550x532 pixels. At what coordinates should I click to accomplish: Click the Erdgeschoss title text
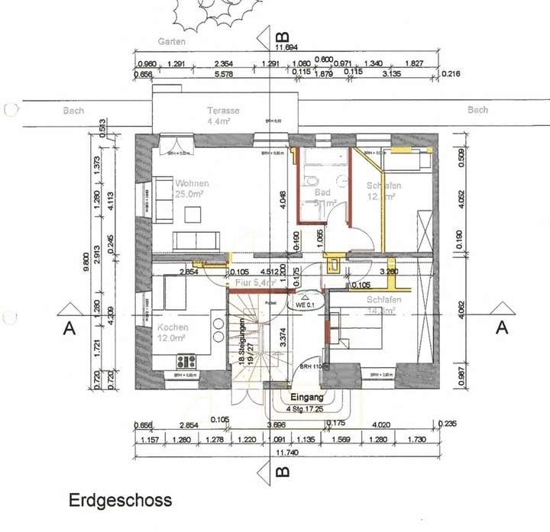click(x=120, y=501)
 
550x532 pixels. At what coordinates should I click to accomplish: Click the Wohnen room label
click(x=192, y=184)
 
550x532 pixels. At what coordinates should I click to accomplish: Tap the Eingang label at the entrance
click(x=308, y=398)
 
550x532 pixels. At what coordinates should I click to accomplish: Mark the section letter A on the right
click(x=502, y=327)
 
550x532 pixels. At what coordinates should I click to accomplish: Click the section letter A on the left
click(x=70, y=329)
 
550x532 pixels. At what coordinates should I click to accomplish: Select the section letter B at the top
click(x=282, y=37)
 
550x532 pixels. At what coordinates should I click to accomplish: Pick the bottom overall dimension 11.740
click(x=286, y=452)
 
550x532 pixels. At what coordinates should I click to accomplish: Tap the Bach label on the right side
click(x=477, y=110)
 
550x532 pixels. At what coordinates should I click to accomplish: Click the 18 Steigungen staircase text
click(x=241, y=343)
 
